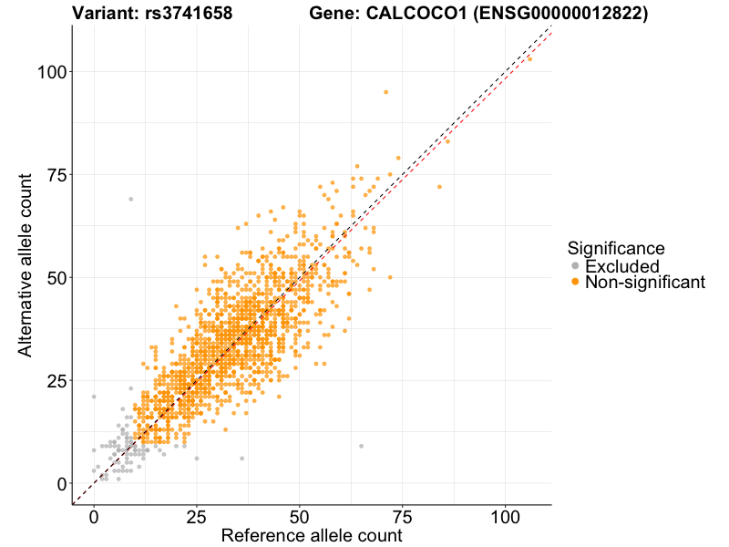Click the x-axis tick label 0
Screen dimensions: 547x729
coord(94,516)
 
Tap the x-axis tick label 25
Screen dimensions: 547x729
coord(197,516)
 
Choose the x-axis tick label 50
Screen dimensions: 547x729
coord(300,516)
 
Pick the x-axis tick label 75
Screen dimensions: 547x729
coord(403,516)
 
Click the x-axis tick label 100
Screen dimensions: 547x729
coord(506,516)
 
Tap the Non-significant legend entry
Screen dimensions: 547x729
coord(644,283)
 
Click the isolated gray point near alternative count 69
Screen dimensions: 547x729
coord(130,199)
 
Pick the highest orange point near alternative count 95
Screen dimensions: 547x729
coord(385,92)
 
